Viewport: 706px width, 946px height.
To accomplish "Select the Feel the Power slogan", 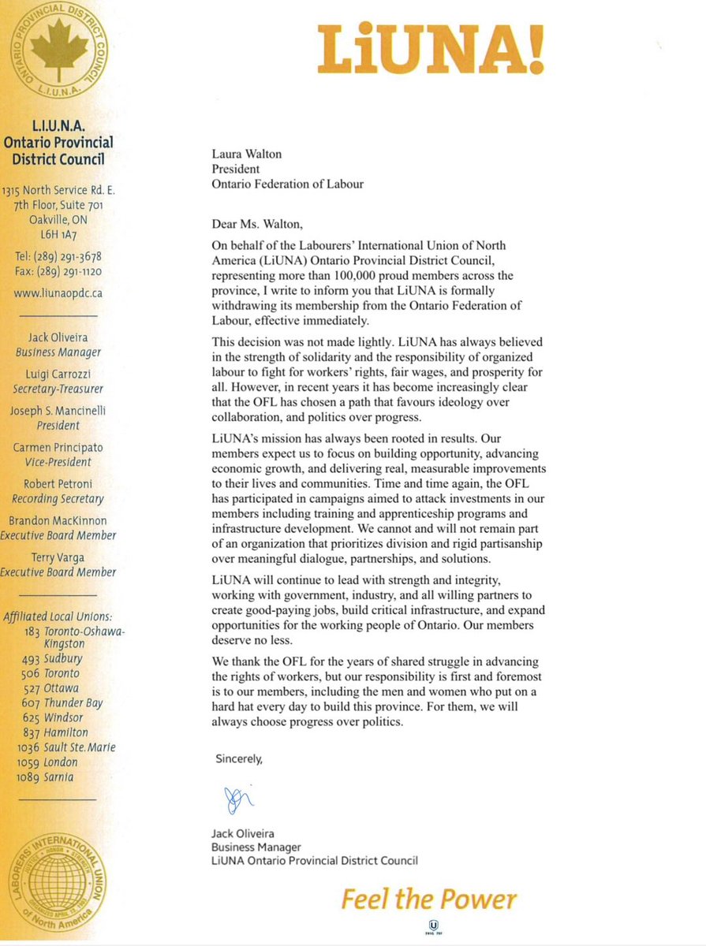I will tap(429, 899).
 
